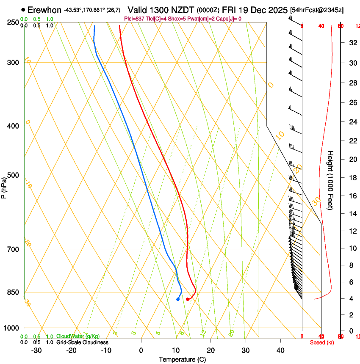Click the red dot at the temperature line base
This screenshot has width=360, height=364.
pos(188,299)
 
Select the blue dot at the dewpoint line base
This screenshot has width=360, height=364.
pos(178,299)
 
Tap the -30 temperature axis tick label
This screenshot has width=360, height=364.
pos(36,350)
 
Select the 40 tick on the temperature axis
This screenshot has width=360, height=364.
pos(280,350)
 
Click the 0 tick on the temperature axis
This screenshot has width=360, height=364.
pos(141,350)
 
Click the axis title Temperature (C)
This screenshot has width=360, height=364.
pos(182,359)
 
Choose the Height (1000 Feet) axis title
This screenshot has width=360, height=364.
pos(330,180)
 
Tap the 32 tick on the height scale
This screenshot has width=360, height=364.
pos(352,43)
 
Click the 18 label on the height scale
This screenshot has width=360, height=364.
pos(352,178)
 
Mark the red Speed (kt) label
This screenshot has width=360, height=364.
pos(322,342)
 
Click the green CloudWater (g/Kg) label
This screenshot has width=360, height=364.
pos(78,336)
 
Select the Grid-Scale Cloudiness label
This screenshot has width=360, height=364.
pos(82,342)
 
